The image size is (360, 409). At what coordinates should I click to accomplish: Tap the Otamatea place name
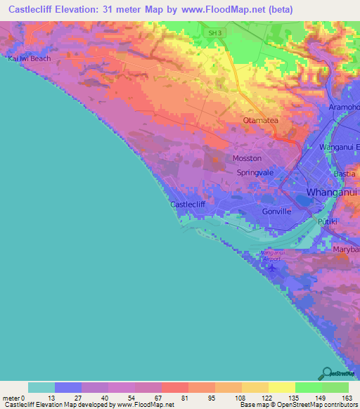[262, 120]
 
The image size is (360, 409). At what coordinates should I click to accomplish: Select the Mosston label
[247, 159]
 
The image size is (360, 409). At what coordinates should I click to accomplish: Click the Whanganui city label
[333, 192]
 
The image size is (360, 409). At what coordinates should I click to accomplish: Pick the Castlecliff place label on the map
[188, 204]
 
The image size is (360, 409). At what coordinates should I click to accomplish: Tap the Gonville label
[276, 211]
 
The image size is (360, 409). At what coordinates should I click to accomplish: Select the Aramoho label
[344, 106]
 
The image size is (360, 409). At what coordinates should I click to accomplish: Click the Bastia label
[345, 173]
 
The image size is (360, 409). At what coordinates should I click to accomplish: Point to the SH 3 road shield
[214, 32]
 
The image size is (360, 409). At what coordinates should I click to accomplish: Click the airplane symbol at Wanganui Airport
[274, 264]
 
